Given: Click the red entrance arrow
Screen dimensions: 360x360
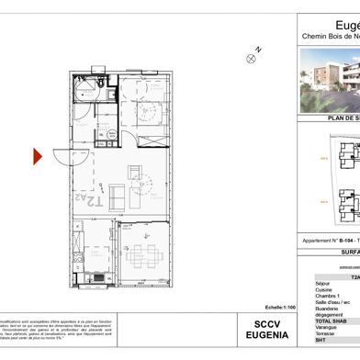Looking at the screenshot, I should (x=39, y=157).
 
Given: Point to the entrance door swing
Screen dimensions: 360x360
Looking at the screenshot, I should (x=64, y=158).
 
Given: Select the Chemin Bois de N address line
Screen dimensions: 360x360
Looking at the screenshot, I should (x=331, y=37).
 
